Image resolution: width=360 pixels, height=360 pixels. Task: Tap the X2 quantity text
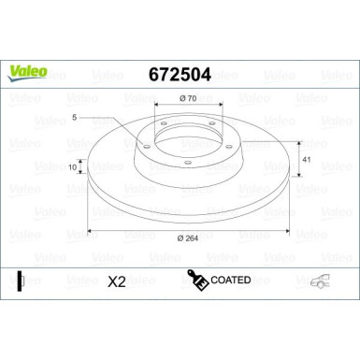pos(117,281)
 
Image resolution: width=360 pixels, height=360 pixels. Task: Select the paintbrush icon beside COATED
pos(198,280)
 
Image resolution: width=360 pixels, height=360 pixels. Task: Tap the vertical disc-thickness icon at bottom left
pos(21,281)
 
